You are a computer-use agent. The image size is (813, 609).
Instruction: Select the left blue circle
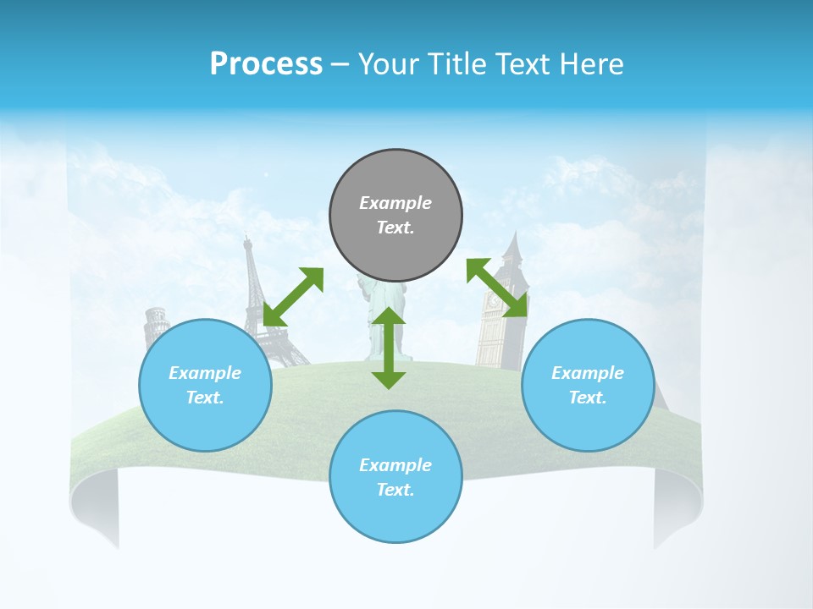[205, 385]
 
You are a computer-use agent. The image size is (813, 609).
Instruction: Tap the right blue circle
[588, 385]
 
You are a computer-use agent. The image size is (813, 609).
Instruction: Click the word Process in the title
[266, 64]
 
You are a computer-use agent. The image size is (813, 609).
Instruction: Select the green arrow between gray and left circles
[293, 297]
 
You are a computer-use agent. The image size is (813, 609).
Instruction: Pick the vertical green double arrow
[389, 348]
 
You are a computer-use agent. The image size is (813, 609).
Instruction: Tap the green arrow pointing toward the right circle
[497, 288]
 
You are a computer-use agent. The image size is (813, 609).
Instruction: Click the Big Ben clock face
[493, 299]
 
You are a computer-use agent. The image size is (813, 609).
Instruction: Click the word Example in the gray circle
[395, 203]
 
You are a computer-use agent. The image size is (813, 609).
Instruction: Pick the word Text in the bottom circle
[395, 490]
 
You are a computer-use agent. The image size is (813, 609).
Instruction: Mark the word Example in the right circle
[588, 373]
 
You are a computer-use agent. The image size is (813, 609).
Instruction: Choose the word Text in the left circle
[205, 398]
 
